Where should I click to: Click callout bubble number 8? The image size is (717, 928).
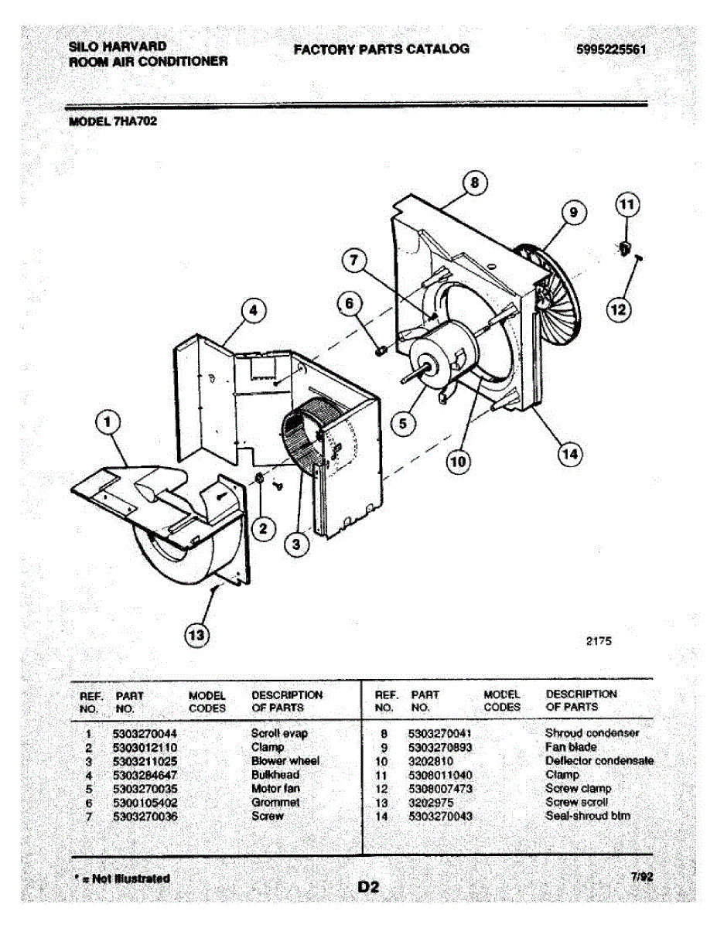475,183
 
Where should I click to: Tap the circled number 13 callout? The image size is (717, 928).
198,636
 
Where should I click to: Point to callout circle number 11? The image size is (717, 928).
627,205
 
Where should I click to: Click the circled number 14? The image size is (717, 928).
569,454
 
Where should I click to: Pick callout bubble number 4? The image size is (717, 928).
251,311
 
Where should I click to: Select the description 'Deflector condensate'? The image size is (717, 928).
599,761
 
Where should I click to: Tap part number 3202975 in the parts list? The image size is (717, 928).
432,803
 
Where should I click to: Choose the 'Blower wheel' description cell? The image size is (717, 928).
285,761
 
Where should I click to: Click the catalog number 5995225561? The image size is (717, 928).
611,49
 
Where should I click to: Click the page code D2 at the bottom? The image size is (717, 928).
368,887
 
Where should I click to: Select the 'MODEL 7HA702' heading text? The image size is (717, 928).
114,121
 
